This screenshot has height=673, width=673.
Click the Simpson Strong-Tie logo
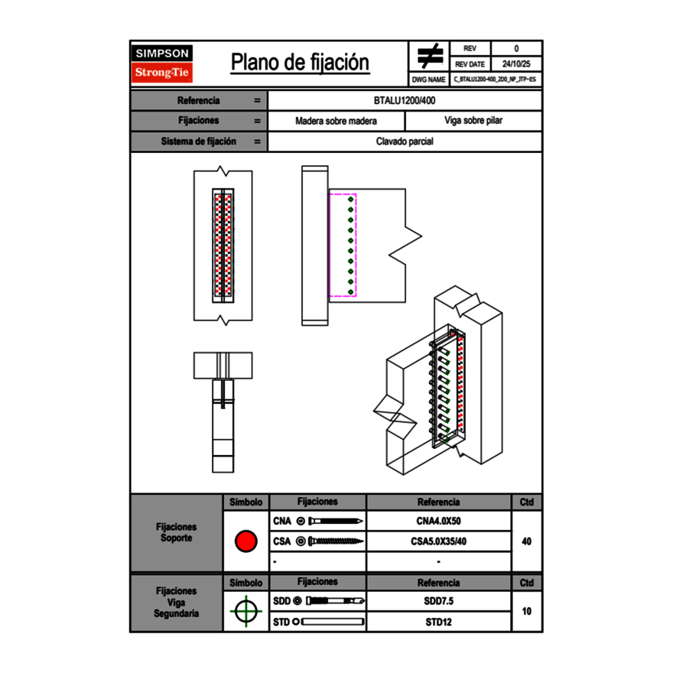[163, 63]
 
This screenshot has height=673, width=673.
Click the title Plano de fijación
[300, 63]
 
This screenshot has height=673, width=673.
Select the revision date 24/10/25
[515, 64]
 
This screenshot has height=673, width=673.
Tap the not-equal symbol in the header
[430, 57]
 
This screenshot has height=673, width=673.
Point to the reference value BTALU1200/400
[405, 100]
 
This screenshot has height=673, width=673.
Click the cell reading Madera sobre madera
[336, 121]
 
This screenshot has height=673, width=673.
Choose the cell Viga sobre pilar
[473, 121]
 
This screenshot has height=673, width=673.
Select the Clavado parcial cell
[405, 141]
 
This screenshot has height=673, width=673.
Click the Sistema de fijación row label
[199, 141]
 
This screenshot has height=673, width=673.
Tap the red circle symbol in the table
[245, 541]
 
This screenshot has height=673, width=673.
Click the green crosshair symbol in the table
[245, 611]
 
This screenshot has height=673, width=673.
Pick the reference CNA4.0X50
[438, 522]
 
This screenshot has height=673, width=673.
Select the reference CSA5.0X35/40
[438, 541]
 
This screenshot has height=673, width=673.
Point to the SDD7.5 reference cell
[438, 601]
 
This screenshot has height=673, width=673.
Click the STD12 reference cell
[438, 622]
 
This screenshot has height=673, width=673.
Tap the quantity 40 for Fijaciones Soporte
[526, 541]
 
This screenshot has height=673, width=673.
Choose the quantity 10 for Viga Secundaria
[526, 611]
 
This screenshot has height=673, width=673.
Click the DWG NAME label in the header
[428, 80]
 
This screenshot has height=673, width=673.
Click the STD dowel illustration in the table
[329, 622]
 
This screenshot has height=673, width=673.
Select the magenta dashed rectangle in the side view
[342, 245]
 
